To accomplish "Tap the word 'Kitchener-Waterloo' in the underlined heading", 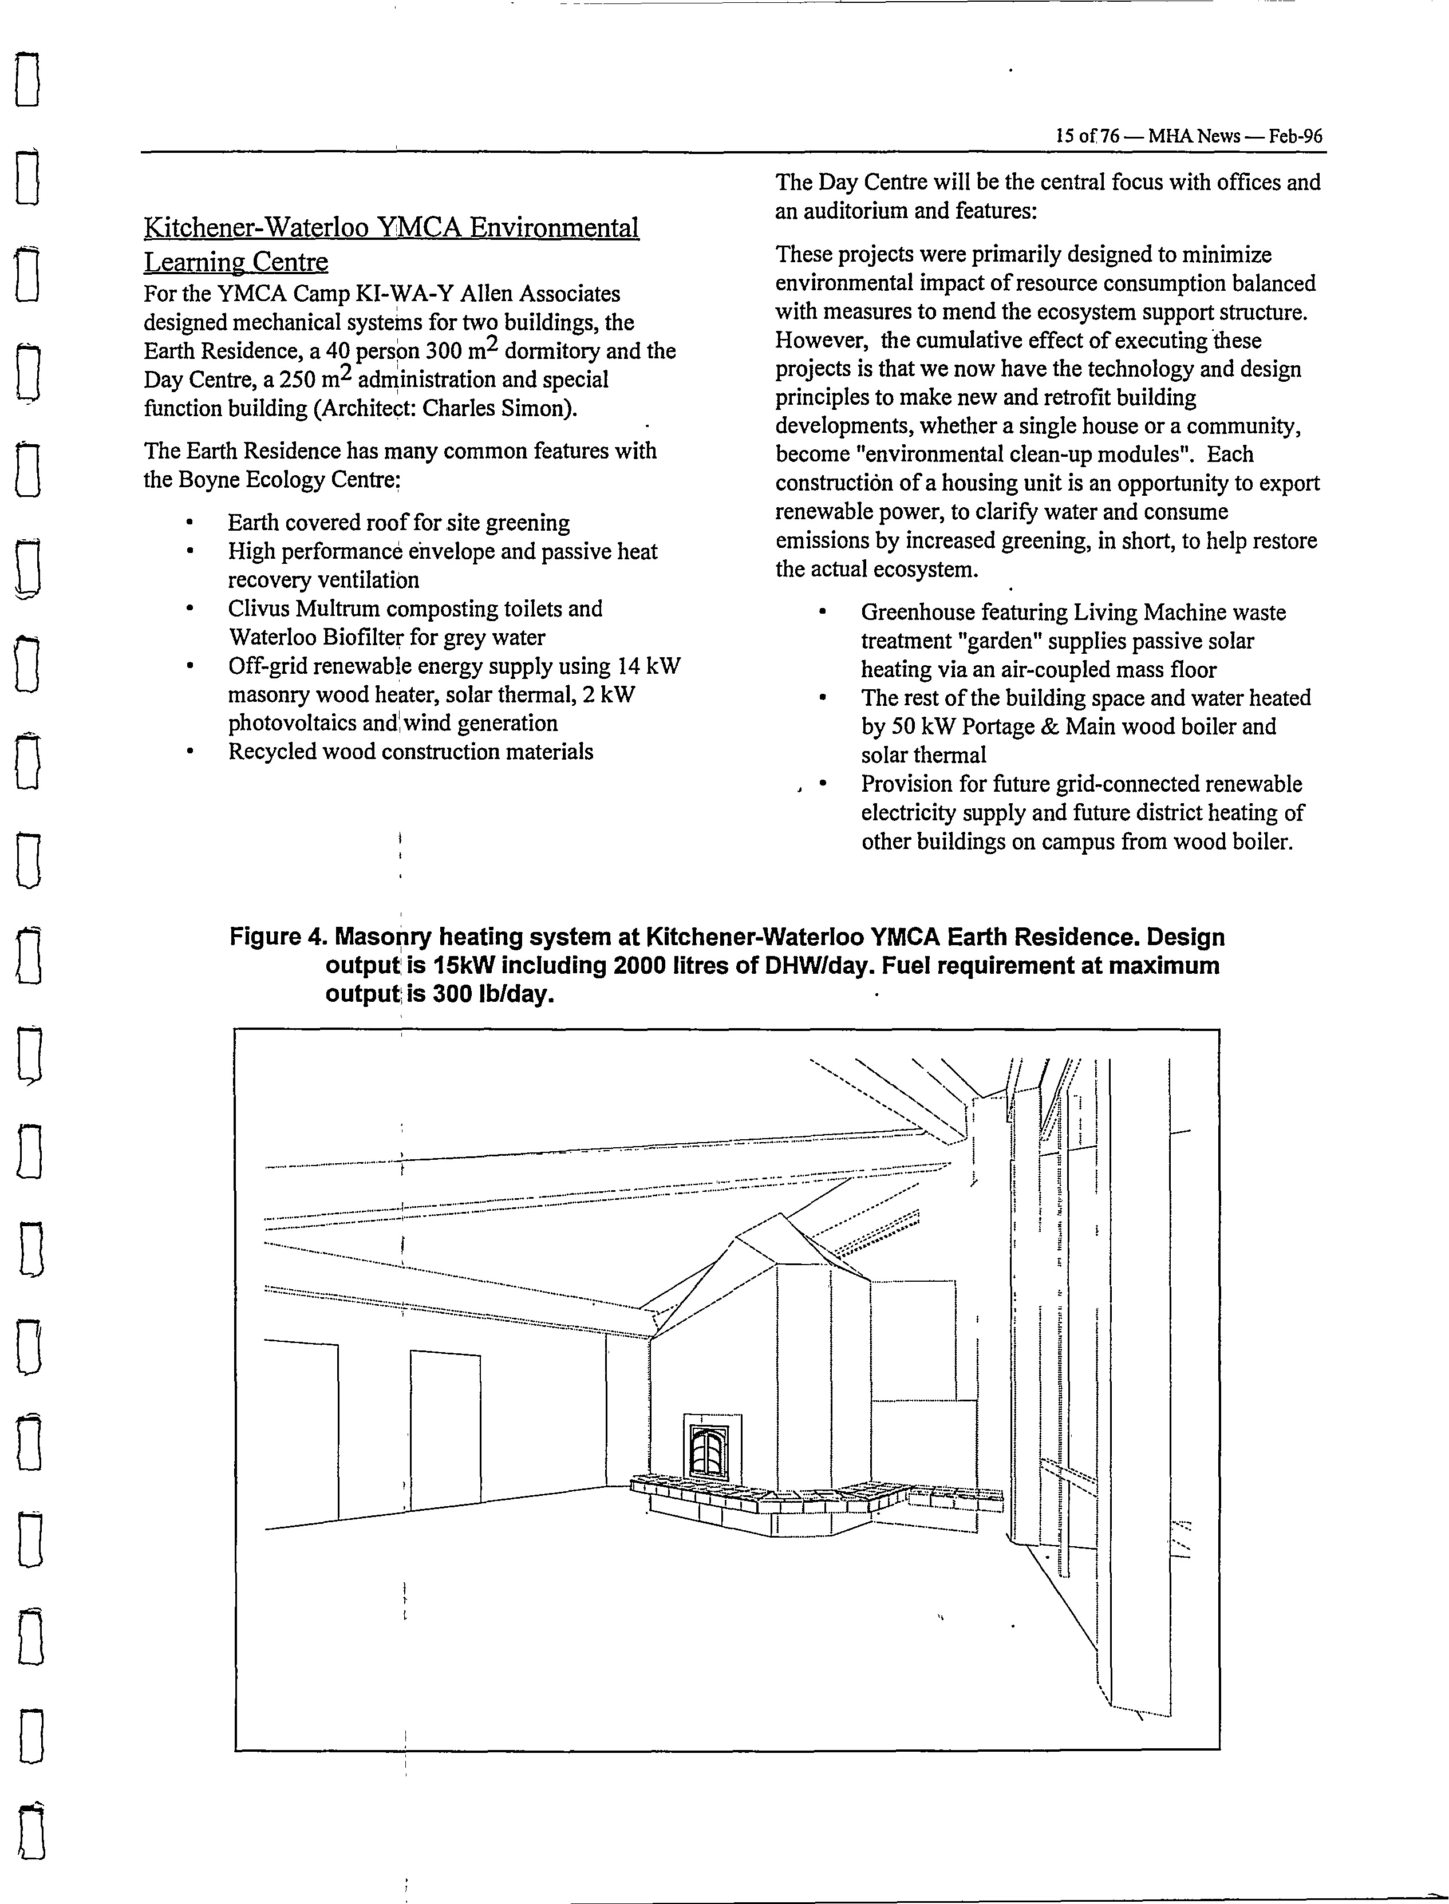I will (x=256, y=228).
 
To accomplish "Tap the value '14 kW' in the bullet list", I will (x=649, y=666).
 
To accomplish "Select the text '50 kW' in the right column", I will (x=918, y=727).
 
